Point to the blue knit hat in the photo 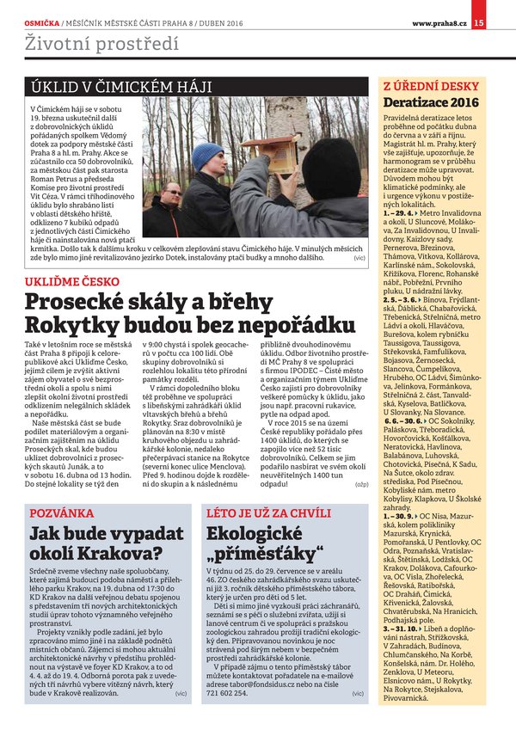click(x=207, y=156)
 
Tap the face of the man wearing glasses click(x=172, y=198)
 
